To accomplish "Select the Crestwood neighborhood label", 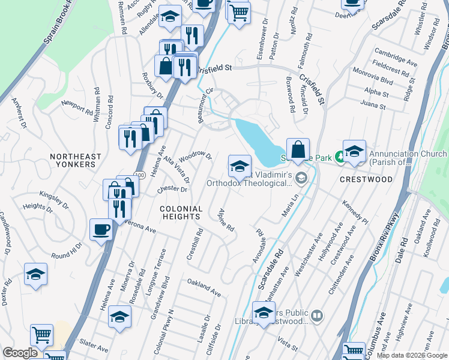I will click(x=366, y=179).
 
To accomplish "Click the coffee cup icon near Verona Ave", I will click(x=100, y=229).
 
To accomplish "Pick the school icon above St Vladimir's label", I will click(x=240, y=166).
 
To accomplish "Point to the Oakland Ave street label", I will click(x=204, y=287).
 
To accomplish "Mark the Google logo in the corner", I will click(x=20, y=353).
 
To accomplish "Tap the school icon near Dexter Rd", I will click(x=35, y=274).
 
